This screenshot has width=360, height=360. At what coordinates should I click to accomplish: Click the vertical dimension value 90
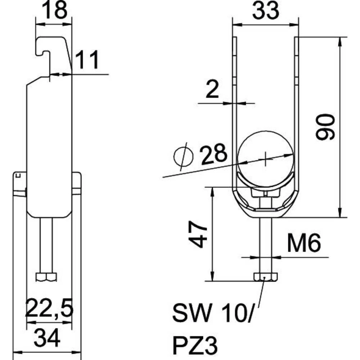click(325, 127)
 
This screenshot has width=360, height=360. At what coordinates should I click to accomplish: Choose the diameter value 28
click(213, 154)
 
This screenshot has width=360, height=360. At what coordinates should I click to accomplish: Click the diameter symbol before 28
click(183, 157)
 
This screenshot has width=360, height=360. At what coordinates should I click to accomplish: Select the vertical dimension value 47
click(198, 234)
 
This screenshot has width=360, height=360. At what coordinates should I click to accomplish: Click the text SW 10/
click(212, 313)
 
